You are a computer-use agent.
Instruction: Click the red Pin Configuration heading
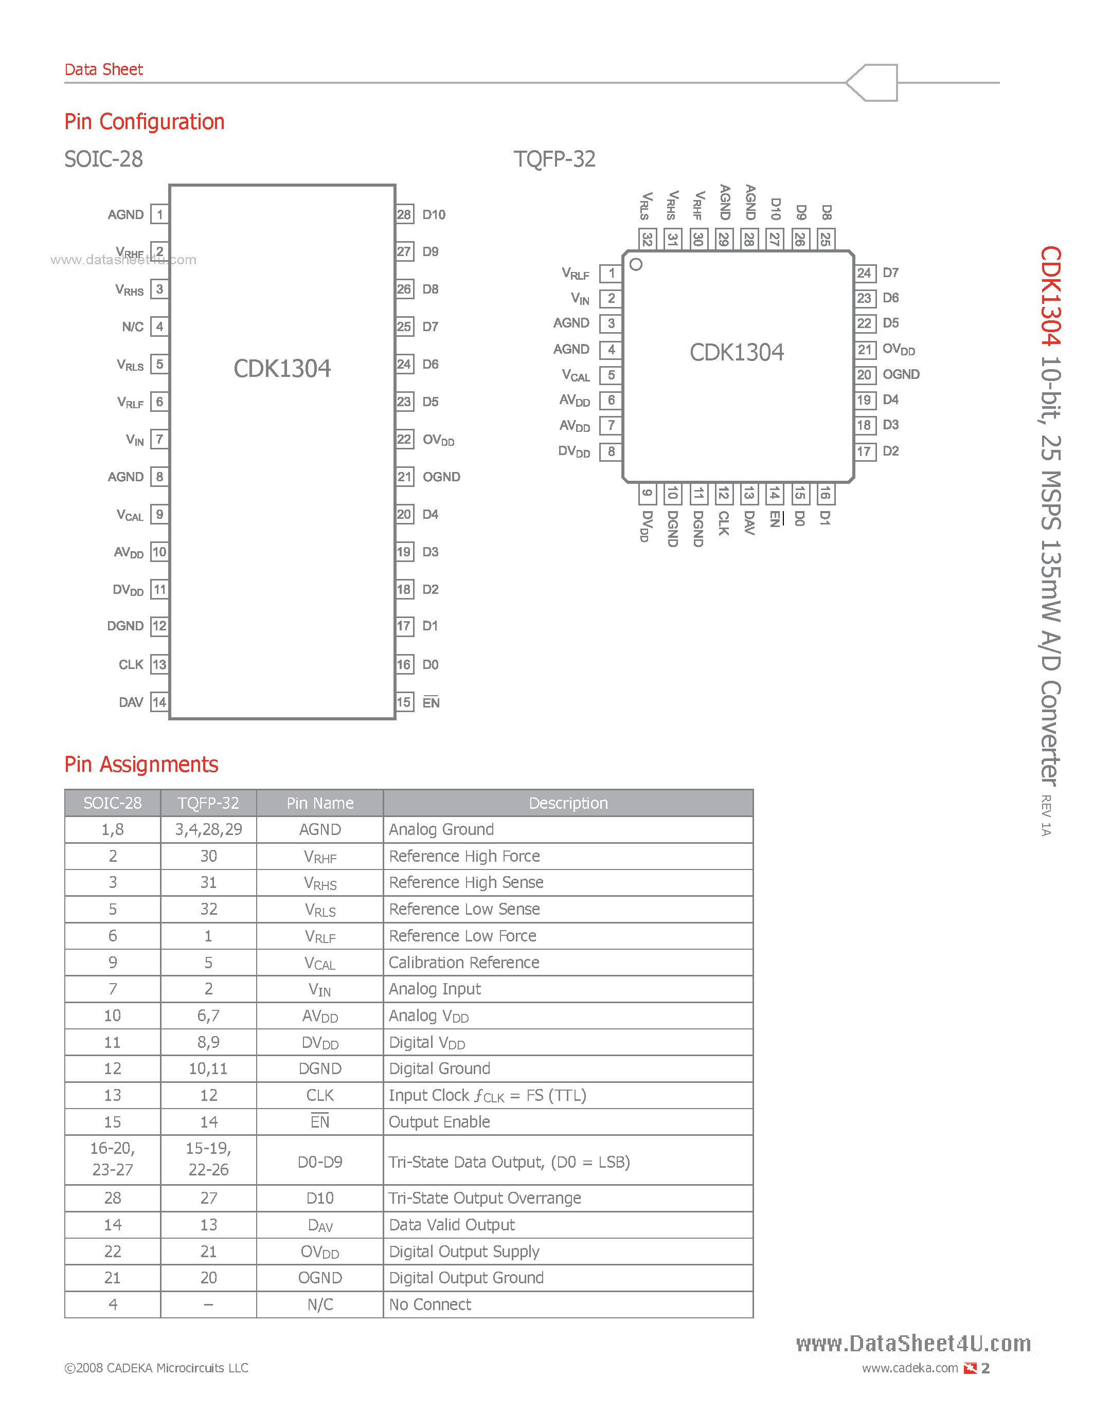point(145,122)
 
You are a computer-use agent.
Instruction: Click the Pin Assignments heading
point(141,764)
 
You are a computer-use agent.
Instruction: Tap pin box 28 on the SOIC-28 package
point(404,214)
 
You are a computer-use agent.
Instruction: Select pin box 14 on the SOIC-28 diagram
point(159,702)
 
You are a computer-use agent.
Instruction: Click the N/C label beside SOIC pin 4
point(133,327)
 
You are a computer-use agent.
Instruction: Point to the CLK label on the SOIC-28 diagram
point(131,665)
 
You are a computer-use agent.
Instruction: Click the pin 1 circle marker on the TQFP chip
point(636,264)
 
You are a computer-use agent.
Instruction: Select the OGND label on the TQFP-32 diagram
point(901,374)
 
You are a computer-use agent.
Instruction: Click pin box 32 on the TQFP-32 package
point(647,239)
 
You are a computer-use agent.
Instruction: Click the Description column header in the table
point(568,803)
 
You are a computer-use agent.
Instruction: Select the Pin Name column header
point(320,803)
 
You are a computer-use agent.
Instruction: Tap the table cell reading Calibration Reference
point(463,962)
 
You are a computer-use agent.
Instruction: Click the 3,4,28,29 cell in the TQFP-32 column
point(208,829)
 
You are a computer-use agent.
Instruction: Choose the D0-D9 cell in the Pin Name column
point(320,1162)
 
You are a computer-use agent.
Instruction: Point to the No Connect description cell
point(430,1304)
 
